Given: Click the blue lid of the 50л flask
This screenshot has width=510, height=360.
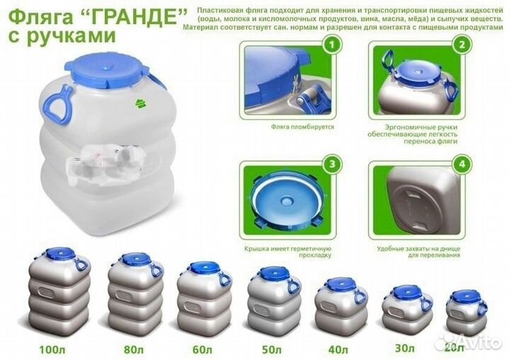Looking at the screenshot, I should pos(271,273).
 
